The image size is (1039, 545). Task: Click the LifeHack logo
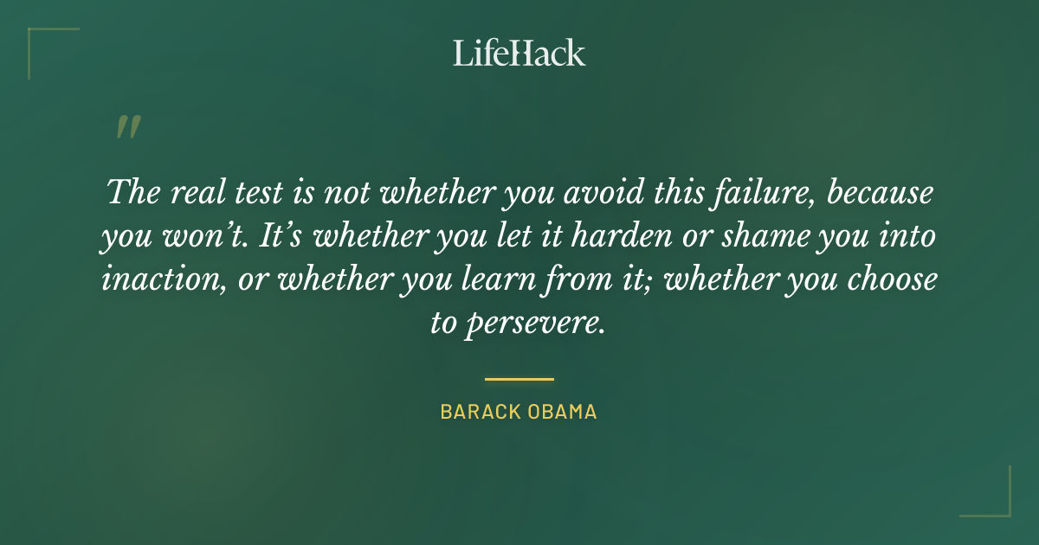(x=519, y=53)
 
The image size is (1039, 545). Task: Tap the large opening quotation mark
(x=127, y=128)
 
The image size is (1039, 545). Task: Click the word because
(x=881, y=192)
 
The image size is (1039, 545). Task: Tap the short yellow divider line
(x=519, y=379)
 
